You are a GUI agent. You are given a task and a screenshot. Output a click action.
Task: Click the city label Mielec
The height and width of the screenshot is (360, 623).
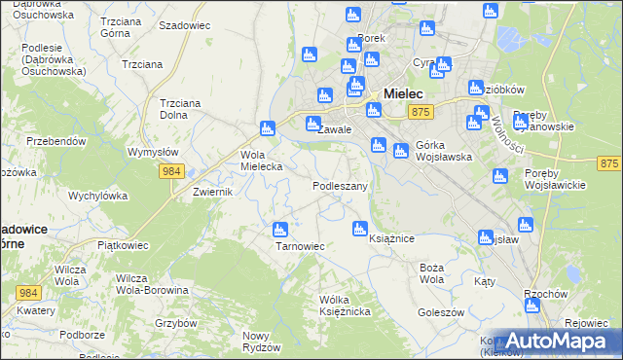click(x=403, y=93)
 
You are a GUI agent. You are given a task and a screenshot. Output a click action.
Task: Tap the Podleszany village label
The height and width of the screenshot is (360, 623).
click(x=340, y=185)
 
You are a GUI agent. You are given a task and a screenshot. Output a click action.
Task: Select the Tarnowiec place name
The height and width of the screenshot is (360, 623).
click(x=300, y=246)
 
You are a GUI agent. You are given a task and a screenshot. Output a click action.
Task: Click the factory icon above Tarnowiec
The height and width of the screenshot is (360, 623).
click(x=280, y=230)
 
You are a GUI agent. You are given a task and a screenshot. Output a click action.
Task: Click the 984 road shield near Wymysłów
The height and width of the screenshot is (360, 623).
click(x=169, y=171)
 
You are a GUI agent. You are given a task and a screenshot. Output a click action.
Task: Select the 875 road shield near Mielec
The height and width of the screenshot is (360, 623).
click(x=421, y=113)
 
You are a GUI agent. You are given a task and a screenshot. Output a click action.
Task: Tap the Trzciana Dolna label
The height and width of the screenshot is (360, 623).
click(x=179, y=108)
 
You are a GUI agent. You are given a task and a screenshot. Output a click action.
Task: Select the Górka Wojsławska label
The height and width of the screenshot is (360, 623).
click(x=443, y=150)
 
